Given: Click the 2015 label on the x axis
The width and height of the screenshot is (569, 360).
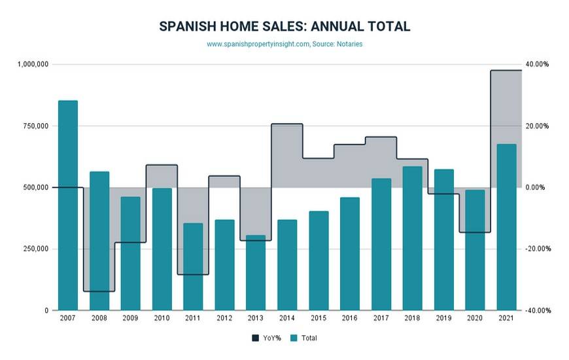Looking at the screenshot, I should coord(319,318).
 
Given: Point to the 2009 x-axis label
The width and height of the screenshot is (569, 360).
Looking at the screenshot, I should coord(130,318).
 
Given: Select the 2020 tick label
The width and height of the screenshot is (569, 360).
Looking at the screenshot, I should coord(475,318).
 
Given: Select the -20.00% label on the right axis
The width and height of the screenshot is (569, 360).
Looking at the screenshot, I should coord(537,249).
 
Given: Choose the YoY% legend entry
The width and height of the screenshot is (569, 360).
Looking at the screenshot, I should coord(264,338).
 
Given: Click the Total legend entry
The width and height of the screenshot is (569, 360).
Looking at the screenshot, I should coord(303,338).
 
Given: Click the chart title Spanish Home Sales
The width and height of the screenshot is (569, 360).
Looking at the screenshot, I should coord(284,27).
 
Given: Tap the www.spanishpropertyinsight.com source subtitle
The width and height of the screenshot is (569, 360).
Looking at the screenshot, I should coord(258,45).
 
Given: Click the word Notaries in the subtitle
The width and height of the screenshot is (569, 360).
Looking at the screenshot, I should coord(348,45).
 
